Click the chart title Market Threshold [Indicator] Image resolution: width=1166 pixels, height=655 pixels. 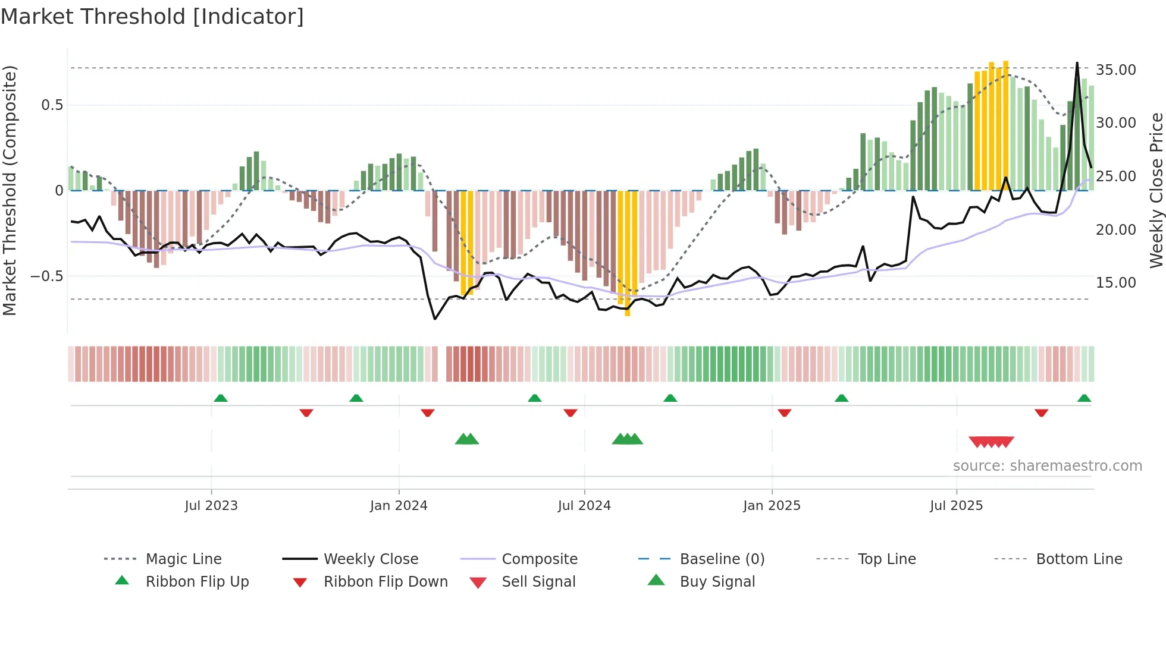(152, 17)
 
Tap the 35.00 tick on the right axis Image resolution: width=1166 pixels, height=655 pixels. (1115, 70)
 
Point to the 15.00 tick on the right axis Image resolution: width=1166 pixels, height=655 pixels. (1115, 283)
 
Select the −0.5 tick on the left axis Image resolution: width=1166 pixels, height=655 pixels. (46, 276)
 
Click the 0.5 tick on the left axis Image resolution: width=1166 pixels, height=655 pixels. (52, 105)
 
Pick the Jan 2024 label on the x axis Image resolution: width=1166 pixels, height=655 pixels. (399, 506)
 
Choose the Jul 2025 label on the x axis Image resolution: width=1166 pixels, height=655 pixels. (956, 506)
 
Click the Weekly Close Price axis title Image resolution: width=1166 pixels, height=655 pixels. (1156, 190)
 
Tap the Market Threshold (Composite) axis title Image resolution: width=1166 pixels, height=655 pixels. (10, 190)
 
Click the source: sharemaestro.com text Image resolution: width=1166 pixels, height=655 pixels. (1047, 466)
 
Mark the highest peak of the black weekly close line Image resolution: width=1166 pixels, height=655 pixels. (1077, 63)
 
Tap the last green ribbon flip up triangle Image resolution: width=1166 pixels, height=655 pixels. (1084, 398)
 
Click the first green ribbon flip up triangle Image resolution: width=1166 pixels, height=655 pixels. (221, 398)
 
